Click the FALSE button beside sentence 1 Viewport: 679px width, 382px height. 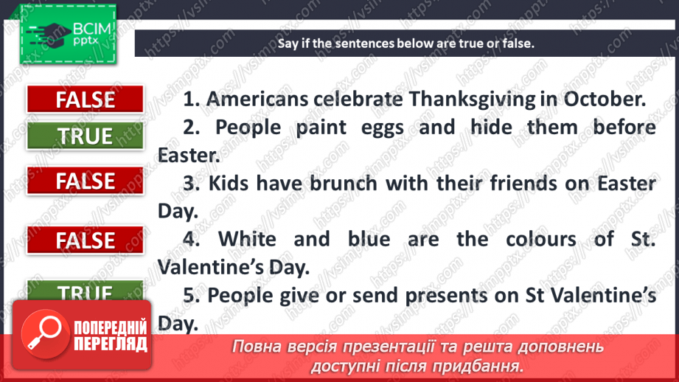point(86,100)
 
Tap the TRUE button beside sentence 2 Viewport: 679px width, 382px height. point(86,136)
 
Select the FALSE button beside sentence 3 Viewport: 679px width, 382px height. point(86,181)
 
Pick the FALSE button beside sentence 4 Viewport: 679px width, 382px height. point(86,240)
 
